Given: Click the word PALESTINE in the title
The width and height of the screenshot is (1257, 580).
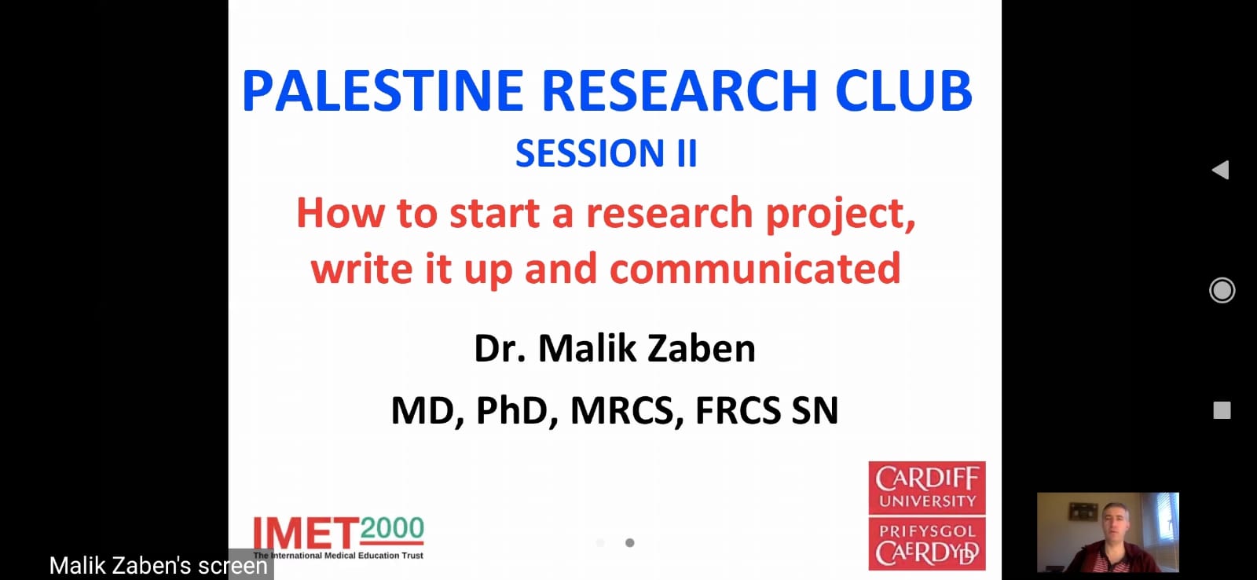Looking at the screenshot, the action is coord(383,91).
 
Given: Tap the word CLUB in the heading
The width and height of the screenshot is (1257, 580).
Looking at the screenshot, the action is coord(903,91).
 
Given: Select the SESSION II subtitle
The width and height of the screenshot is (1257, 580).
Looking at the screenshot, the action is coord(606,153).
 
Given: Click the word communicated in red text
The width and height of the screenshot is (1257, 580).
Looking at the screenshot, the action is coord(755,268).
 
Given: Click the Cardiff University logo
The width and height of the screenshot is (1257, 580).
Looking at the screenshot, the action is coord(927,516).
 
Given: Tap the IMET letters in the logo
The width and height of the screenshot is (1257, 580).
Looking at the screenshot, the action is coord(306,534).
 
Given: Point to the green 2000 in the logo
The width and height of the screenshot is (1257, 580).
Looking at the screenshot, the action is coord(392,528).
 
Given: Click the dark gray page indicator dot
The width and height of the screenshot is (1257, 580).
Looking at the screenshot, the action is coord(629,543).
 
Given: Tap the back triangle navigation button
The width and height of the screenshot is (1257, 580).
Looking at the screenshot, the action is coord(1221,170).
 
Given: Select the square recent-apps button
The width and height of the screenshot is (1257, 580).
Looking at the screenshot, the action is coord(1222,410).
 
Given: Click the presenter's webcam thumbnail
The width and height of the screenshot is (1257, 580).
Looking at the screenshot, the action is coord(1108,532).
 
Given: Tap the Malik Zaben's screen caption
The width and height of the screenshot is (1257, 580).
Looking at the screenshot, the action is coord(158,565).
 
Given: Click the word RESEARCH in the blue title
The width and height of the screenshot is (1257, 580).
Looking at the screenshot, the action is coord(679,91).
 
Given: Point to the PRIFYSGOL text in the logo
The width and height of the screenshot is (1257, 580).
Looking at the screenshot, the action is coord(927,530).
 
